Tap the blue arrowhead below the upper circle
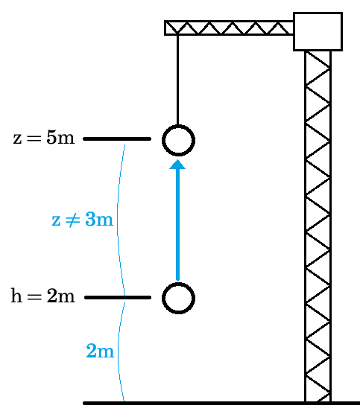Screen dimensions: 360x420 (x=177, y=165)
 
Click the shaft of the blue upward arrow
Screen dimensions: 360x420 (x=177, y=225)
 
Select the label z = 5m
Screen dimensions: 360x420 (x=44, y=139)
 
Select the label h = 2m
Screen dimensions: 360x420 (x=43, y=296)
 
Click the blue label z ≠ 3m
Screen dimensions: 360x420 (x=83, y=220)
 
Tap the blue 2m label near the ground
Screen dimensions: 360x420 (x=101, y=351)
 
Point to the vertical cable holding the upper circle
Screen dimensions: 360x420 (x=177, y=80)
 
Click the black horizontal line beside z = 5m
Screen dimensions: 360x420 (x=117, y=139)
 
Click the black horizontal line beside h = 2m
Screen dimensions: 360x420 (x=118, y=297)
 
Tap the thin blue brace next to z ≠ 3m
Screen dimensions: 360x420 (x=117, y=220)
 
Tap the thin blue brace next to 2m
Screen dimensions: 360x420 (x=119, y=351)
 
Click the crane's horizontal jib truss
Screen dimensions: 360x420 (x=229, y=28)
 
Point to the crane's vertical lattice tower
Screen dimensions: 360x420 (x=318, y=226)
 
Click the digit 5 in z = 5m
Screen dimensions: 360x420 (x=51, y=139)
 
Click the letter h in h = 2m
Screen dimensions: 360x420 (x=16, y=296)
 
